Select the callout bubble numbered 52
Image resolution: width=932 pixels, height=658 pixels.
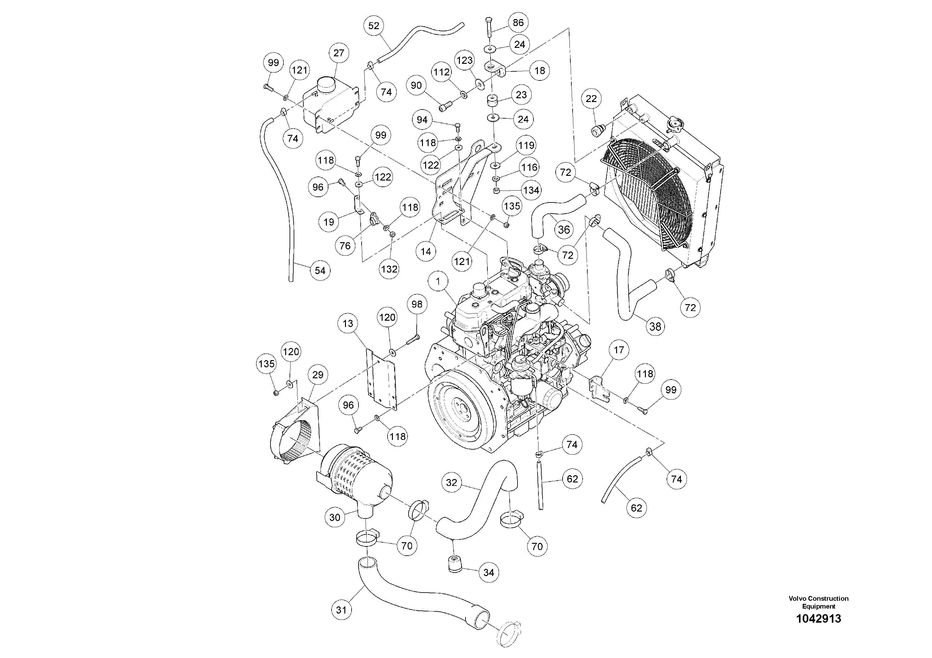pyautogui.click(x=373, y=26)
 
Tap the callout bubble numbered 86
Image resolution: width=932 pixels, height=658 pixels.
pyautogui.click(x=518, y=23)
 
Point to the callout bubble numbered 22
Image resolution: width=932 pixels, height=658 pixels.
pyautogui.click(x=591, y=99)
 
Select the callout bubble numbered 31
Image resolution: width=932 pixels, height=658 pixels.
pyautogui.click(x=341, y=610)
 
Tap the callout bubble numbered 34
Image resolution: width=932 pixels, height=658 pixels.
pyautogui.click(x=489, y=572)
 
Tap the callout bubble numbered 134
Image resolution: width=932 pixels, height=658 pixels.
pyautogui.click(x=531, y=190)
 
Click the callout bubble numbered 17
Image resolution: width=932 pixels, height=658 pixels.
pyautogui.click(x=619, y=350)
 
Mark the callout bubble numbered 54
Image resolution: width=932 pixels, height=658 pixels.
pyautogui.click(x=320, y=271)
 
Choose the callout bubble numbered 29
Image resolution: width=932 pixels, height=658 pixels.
pyautogui.click(x=317, y=375)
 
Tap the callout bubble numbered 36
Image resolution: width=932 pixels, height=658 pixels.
pyautogui.click(x=564, y=230)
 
